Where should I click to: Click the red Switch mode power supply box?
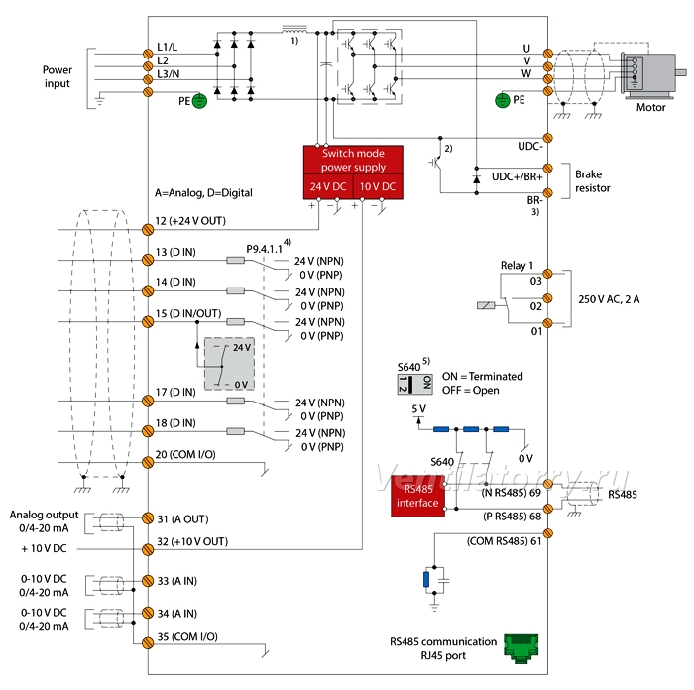tap(353, 172)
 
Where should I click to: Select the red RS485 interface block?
tap(417, 496)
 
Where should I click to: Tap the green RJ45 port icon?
tap(521, 648)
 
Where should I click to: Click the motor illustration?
tap(653, 74)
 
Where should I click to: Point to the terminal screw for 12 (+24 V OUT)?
tap(148, 230)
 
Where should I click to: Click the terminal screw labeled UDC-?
tap(548, 138)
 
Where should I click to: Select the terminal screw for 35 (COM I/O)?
tap(148, 643)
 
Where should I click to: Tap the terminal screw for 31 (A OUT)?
tap(148, 517)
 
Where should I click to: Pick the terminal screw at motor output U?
tap(548, 54)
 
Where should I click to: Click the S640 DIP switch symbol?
tap(414, 384)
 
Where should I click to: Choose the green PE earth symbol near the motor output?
tap(502, 100)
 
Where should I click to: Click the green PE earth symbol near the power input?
tap(199, 101)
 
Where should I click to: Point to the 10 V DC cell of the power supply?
tap(378, 186)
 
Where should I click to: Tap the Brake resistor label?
tap(593, 181)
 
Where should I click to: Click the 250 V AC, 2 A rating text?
tap(609, 299)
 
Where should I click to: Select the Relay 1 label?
tap(517, 265)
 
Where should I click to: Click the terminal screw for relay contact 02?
tap(548, 298)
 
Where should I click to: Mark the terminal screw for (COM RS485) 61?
tap(548, 533)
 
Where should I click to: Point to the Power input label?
tap(58, 77)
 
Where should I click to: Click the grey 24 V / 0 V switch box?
tap(229, 364)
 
